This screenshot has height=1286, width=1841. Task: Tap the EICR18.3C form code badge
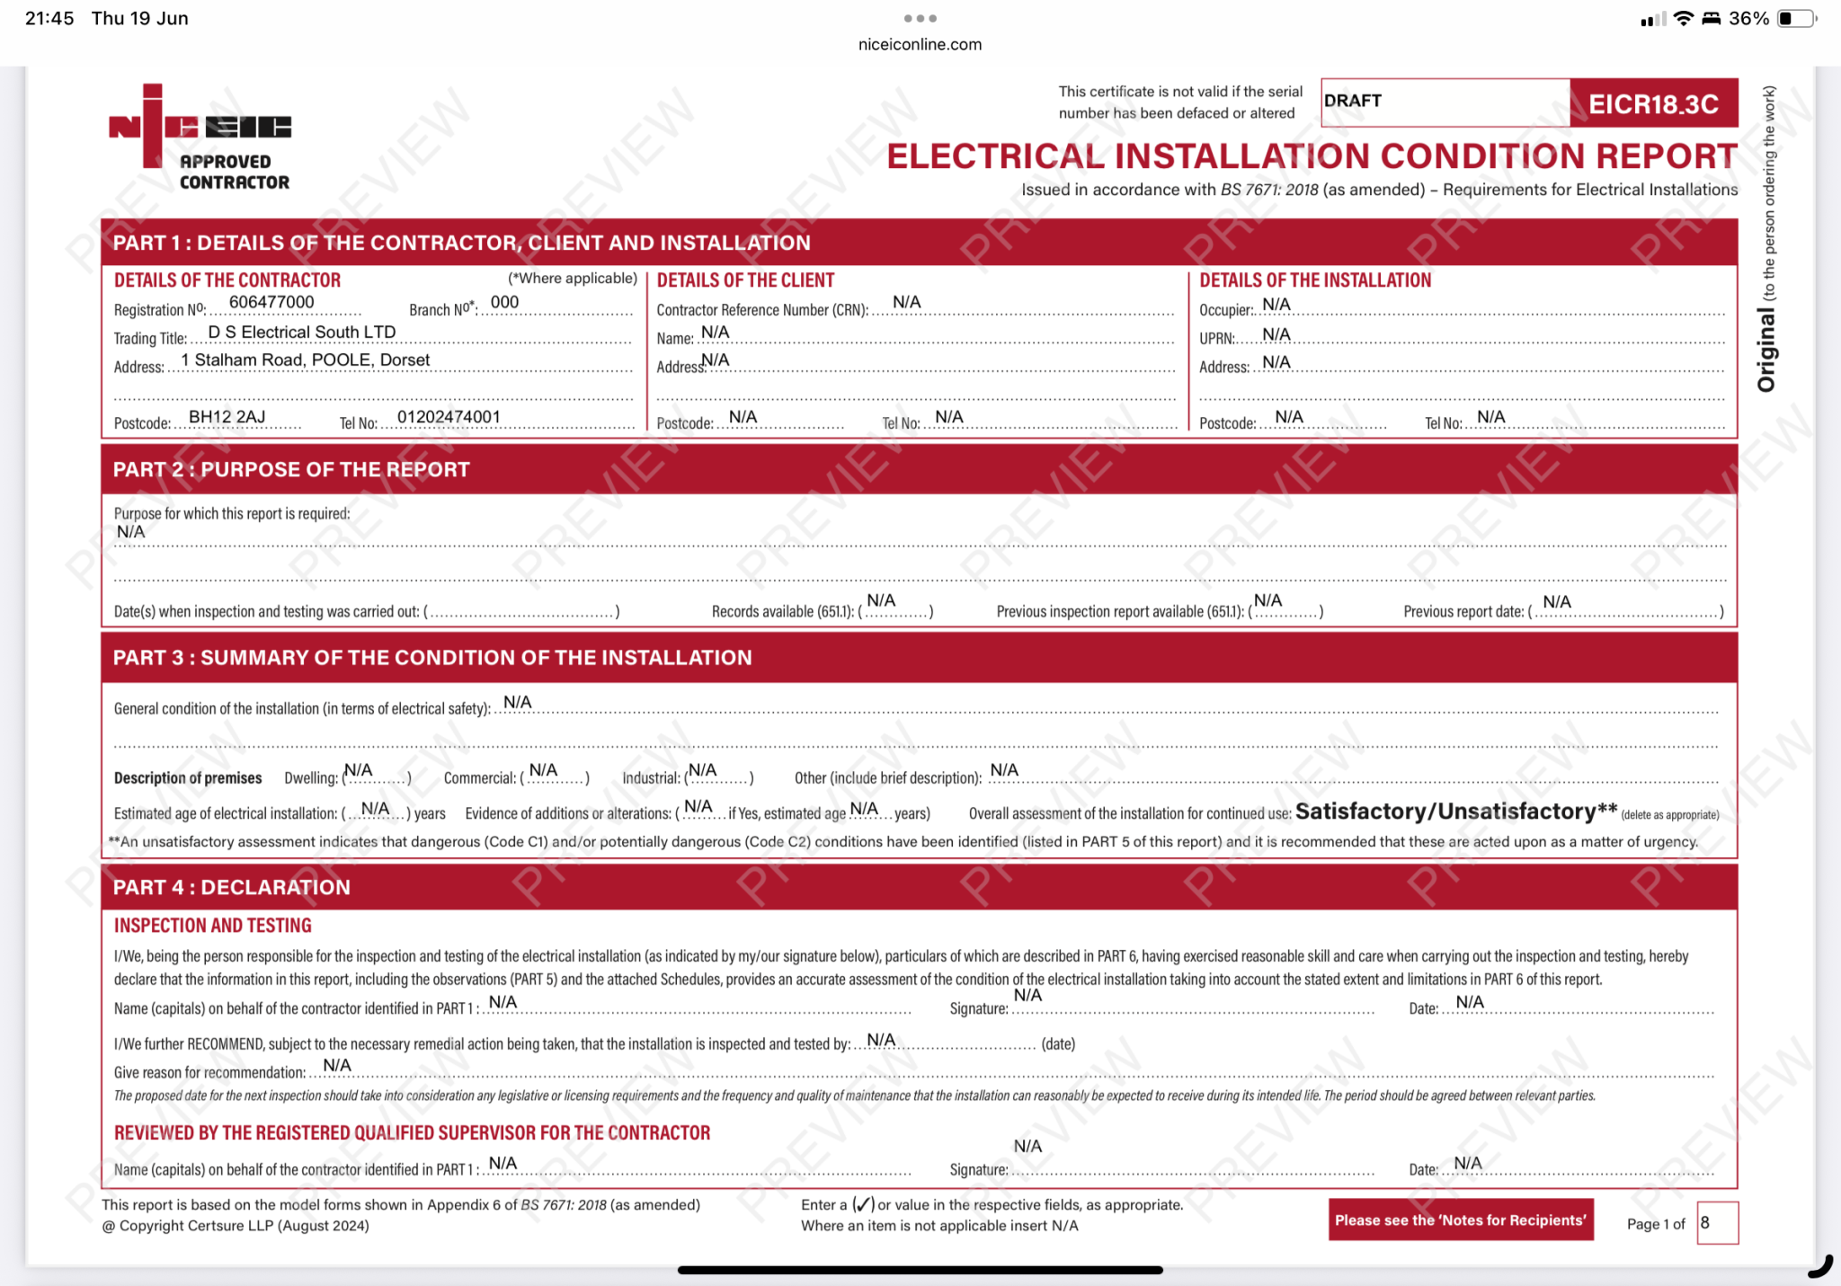coord(1653,103)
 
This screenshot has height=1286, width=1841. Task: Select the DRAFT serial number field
coord(1444,102)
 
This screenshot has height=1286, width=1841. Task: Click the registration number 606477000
coord(271,303)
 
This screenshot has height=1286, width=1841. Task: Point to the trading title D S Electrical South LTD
coord(302,333)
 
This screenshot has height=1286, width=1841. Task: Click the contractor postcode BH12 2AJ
coord(227,417)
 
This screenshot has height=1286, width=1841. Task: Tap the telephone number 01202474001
coord(449,417)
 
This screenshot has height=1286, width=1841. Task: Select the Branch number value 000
coord(504,303)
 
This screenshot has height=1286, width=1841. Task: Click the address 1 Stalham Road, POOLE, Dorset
coord(306,360)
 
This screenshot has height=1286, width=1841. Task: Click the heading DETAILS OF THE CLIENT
coord(745,280)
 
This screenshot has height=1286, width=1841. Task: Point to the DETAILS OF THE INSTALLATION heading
coord(1315,280)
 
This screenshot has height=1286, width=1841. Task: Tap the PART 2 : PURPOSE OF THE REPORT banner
coord(291,470)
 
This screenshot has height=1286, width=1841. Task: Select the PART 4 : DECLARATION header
coord(232,888)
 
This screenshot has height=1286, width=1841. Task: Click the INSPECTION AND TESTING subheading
coord(213,926)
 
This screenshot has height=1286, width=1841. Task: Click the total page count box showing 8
coord(1716,1223)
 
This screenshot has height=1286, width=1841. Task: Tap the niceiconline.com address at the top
coord(920,44)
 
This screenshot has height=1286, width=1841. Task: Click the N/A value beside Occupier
coord(1276,305)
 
